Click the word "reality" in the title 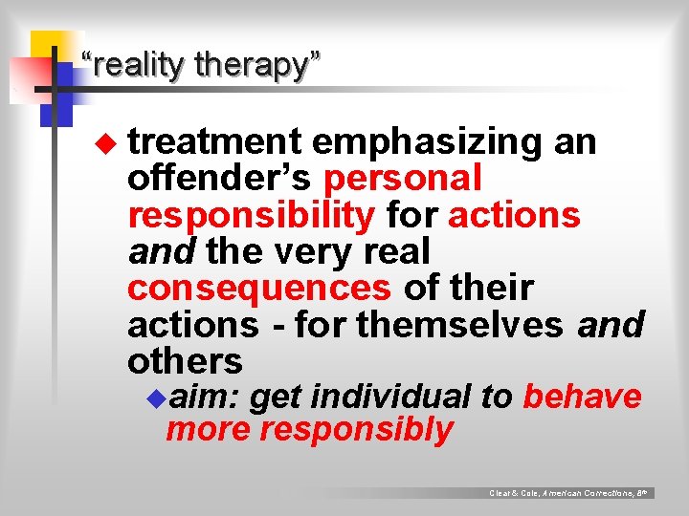pyautogui.click(x=137, y=65)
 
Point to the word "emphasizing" pyautogui.click(x=428, y=141)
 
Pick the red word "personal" pyautogui.click(x=403, y=179)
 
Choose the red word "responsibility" pyautogui.click(x=251, y=215)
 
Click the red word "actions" pyautogui.click(x=514, y=215)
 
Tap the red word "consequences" pyautogui.click(x=258, y=288)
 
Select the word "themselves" pyautogui.click(x=460, y=325)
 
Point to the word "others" pyautogui.click(x=185, y=361)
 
